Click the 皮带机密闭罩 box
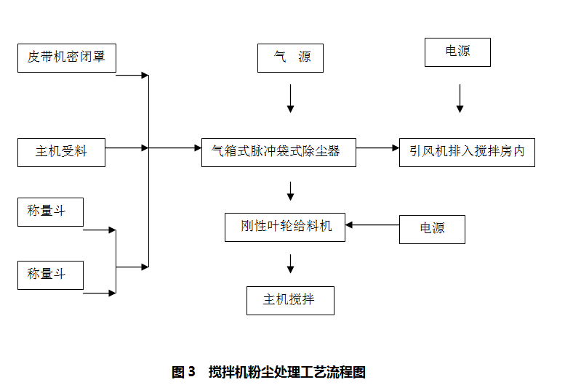tap(66, 57)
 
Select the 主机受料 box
tap(61, 152)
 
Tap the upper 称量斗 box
tap(50, 211)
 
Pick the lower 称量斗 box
tap(50, 275)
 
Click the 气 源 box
tap(289, 57)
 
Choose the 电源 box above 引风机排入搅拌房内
tap(457, 52)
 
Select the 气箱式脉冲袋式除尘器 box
tap(279, 152)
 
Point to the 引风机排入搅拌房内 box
tap(467, 152)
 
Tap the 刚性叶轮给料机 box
tap(284, 227)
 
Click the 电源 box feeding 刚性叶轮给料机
tap(432, 229)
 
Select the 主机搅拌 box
tap(290, 300)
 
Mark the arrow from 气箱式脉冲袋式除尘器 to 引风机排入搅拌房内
tap(377, 148)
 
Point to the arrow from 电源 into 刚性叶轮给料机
tap(372, 224)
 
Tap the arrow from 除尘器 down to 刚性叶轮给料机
tap(290, 190)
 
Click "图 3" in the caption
tap(183, 373)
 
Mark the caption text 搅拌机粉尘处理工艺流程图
tap(286, 373)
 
